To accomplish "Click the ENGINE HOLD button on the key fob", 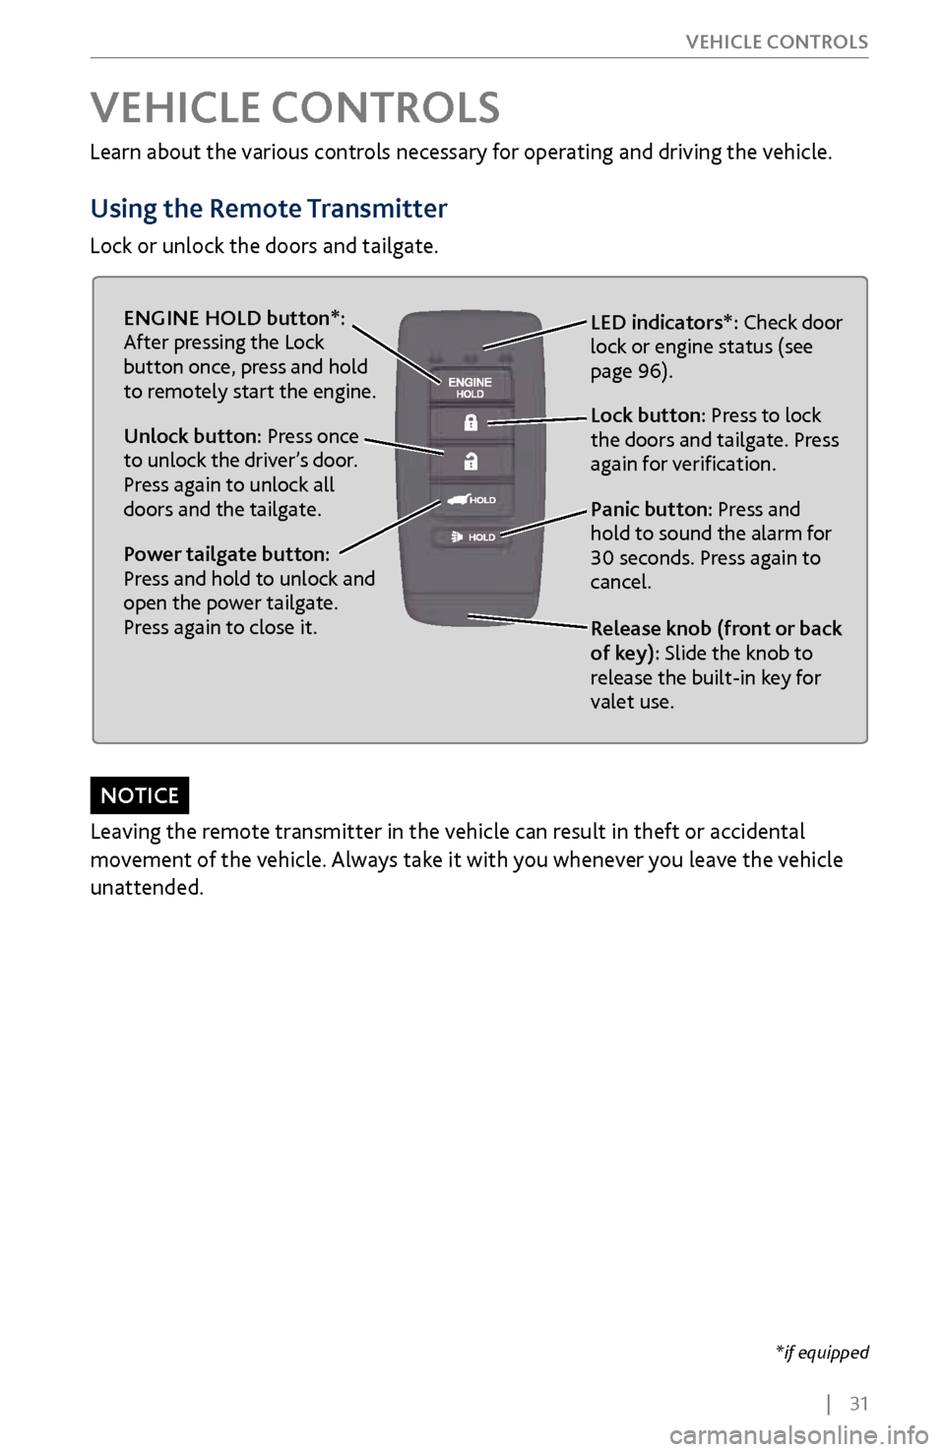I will tap(470, 387).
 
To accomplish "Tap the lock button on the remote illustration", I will tap(471, 423).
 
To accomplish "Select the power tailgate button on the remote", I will tap(471, 499).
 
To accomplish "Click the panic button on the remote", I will tap(471, 537).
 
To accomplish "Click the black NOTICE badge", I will tap(140, 795).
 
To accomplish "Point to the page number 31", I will tap(859, 1404).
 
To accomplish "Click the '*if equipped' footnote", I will tap(822, 1353).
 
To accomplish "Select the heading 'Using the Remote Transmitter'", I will tap(269, 209).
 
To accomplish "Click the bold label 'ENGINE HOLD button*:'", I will tap(234, 318).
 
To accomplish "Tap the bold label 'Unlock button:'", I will tap(192, 436).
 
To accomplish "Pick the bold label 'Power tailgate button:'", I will tap(226, 554).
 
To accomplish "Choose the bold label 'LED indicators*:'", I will tap(663, 323).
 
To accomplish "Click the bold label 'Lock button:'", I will tap(648, 415).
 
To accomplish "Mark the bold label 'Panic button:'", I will tap(651, 509).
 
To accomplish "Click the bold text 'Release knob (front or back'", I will tap(716, 628).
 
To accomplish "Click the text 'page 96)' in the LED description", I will tap(631, 371).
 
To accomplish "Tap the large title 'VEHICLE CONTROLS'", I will tap(295, 108).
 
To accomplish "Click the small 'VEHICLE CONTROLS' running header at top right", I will tap(777, 42).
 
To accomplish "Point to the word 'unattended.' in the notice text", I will tap(147, 888).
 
